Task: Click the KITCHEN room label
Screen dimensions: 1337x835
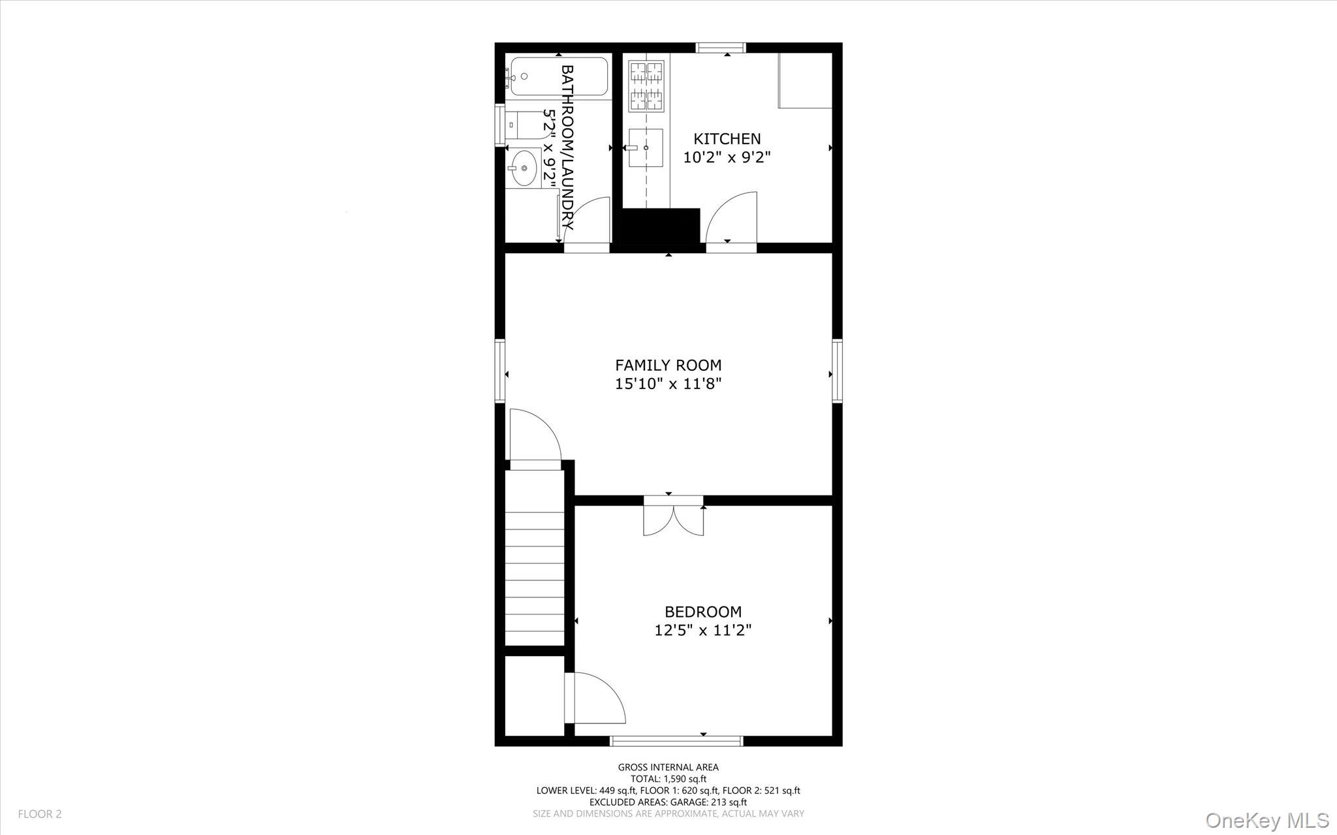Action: click(x=727, y=138)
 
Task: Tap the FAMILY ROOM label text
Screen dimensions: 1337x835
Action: click(x=668, y=365)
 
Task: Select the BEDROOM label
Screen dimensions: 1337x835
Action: click(x=703, y=612)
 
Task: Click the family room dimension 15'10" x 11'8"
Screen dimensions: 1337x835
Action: click(x=668, y=383)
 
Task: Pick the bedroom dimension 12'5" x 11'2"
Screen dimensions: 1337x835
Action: click(x=703, y=630)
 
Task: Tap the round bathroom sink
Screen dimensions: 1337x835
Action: click(x=523, y=168)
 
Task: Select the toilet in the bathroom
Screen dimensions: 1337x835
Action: click(x=522, y=125)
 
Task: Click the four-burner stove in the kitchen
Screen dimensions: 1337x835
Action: click(x=646, y=86)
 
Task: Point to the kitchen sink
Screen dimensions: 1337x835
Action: click(x=645, y=148)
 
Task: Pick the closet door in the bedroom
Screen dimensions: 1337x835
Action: click(x=595, y=699)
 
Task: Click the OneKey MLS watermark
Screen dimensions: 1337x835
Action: click(x=1267, y=820)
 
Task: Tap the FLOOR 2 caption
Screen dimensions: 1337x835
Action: click(x=40, y=814)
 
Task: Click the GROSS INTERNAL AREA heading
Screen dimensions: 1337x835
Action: click(x=668, y=767)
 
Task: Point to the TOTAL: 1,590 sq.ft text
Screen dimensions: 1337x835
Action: click(x=668, y=779)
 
